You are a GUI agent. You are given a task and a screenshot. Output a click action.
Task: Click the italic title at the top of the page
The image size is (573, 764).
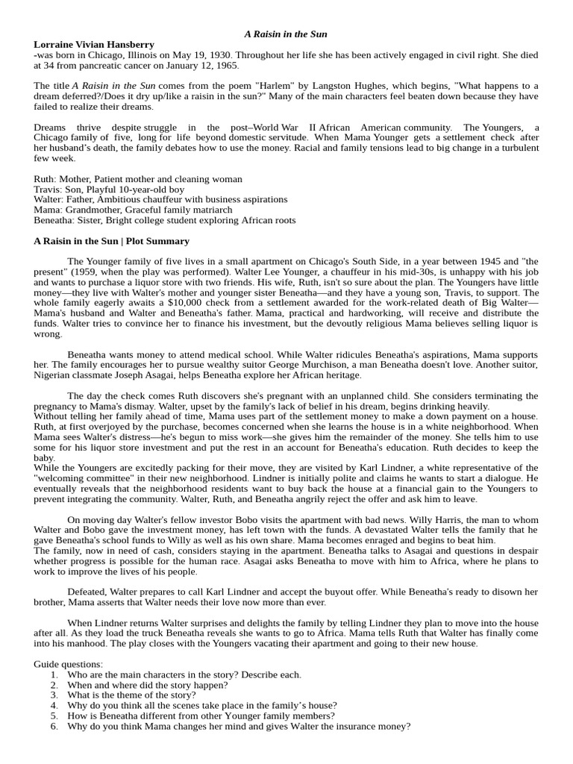coord(286,34)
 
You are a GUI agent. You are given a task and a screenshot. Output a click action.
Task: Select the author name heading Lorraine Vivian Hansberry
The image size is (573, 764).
coord(94,45)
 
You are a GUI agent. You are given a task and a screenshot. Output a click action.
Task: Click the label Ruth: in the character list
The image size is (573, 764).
coord(45,179)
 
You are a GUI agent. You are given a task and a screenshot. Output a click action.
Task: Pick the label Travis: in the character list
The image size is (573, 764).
coord(47,190)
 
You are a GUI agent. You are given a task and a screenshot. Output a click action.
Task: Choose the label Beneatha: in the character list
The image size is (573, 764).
coord(54,221)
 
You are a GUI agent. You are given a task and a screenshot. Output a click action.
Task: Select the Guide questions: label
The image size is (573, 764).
coord(69,665)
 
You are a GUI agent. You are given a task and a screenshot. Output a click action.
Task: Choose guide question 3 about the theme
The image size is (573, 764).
coord(131,695)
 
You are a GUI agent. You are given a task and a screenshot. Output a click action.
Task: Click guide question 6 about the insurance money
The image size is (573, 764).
coord(238,727)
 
